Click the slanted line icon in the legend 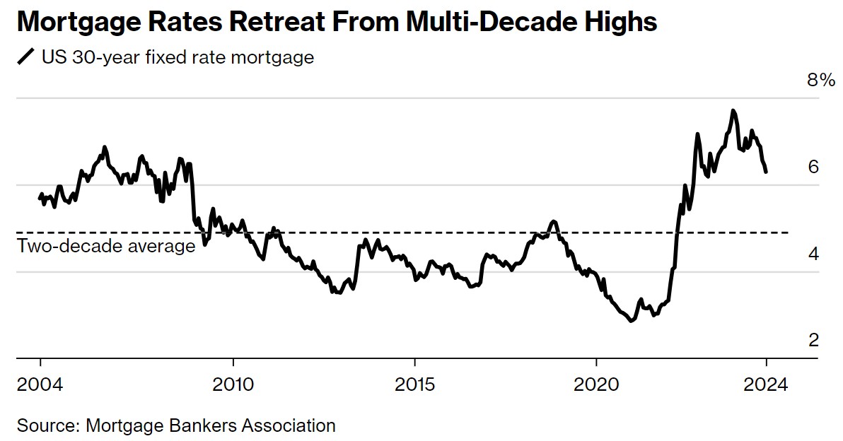coord(26,57)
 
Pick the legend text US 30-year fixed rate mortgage coord(178,57)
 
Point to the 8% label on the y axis coord(821,81)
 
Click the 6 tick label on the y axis coord(813,167)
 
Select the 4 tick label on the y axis coord(813,254)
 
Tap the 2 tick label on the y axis coord(813,341)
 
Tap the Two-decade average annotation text coord(106,246)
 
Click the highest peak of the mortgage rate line coord(733,110)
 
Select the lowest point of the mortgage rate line coord(631,321)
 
